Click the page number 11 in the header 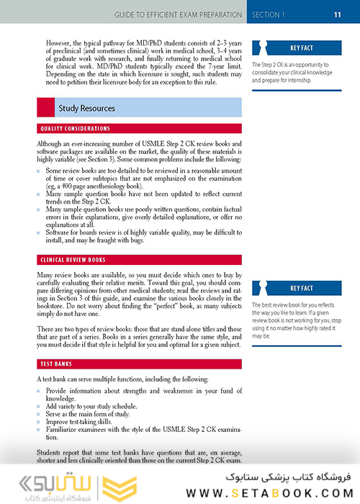point(336,14)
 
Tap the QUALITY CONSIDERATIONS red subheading point(76,128)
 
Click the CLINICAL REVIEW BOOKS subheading point(73,258)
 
